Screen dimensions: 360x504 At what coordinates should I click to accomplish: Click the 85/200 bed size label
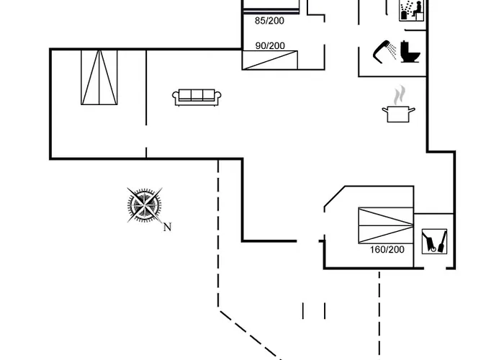point(270,21)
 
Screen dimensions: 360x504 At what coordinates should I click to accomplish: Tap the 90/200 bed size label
point(270,46)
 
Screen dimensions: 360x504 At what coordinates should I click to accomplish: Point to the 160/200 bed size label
point(387,250)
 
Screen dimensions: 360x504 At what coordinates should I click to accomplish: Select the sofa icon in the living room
point(196,97)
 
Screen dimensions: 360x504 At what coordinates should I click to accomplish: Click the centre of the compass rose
point(144,204)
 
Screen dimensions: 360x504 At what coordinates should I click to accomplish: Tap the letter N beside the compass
point(167,228)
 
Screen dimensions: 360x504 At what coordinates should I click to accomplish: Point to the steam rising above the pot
point(400,94)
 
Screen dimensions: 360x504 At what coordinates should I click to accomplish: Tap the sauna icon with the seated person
point(412,9)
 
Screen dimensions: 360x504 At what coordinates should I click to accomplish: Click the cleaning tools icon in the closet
point(434,241)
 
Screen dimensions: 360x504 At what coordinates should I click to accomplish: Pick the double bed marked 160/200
point(385,225)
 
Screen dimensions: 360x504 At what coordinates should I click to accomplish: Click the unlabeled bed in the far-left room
point(99,78)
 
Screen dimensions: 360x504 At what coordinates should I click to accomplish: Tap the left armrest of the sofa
point(176,97)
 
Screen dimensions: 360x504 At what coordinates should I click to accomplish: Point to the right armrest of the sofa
point(217,97)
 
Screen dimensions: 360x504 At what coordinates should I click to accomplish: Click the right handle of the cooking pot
point(414,109)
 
